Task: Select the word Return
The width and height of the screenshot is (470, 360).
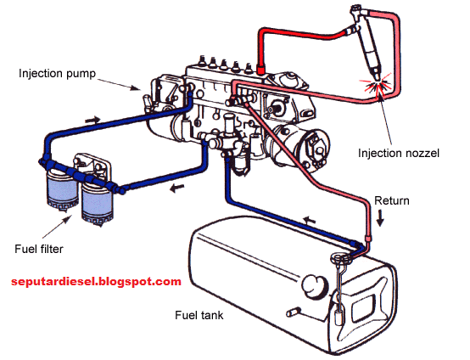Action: (392, 201)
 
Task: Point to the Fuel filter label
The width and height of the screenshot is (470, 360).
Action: (38, 249)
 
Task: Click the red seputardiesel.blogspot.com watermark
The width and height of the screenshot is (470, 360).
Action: (97, 281)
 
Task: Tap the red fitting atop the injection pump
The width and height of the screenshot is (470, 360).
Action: (261, 68)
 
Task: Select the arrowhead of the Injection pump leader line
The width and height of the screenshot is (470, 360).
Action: (141, 88)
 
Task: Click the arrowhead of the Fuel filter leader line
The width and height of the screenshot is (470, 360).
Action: (70, 220)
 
